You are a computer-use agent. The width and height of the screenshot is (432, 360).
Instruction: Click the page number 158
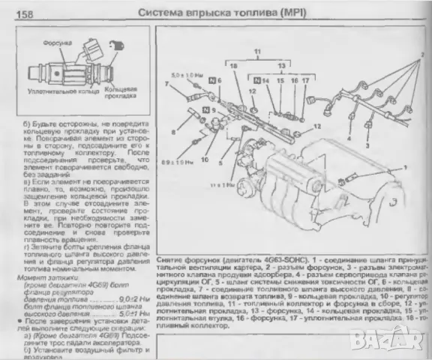(24, 13)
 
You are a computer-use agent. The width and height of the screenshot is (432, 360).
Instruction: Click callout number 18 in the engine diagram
(232, 67)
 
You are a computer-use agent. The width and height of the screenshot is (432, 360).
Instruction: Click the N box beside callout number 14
(256, 79)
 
